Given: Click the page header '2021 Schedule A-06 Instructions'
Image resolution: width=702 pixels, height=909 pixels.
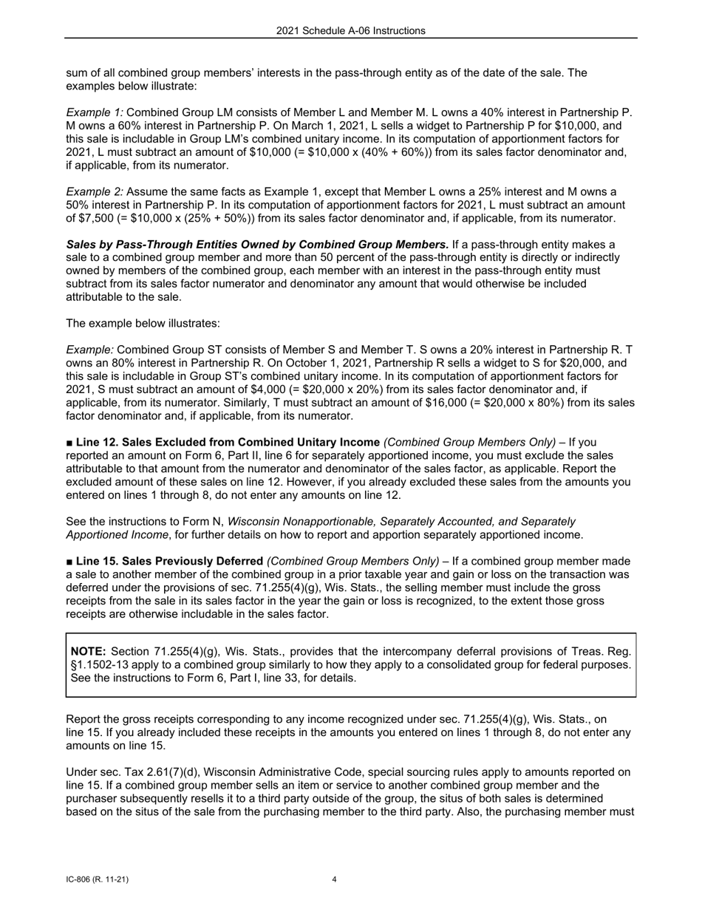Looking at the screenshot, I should click(x=351, y=31).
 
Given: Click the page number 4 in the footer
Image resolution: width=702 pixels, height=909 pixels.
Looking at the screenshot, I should click(x=335, y=879).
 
